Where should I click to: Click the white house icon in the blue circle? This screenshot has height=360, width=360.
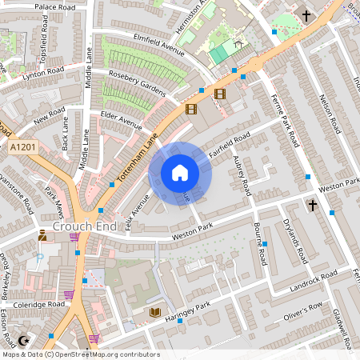tap(180, 173)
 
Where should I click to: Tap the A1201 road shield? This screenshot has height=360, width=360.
tap(24, 148)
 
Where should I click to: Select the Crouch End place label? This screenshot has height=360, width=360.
tap(79, 226)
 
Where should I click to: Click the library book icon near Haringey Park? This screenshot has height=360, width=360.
tap(155, 312)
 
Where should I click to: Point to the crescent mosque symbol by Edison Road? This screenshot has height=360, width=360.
tap(23, 341)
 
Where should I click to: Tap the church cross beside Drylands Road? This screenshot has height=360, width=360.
tap(312, 206)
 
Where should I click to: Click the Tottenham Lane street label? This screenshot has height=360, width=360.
tap(137, 155)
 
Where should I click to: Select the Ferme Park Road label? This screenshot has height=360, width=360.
tap(284, 120)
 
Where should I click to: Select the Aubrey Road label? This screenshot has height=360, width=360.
tap(242, 176)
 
